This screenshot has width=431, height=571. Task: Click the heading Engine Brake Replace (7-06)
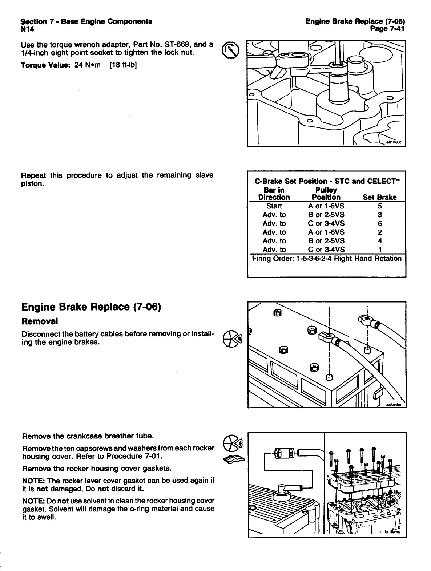point(91,307)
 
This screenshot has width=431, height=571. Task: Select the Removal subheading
point(40,321)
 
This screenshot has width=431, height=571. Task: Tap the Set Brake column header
point(379,197)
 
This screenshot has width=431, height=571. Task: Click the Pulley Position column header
point(326,194)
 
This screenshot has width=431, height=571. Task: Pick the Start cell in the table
point(274,206)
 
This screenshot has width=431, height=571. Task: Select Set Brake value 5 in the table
point(380,206)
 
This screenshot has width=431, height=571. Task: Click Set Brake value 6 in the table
point(380,224)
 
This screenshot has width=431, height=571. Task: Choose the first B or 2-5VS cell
point(326,215)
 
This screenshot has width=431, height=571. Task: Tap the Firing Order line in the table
point(327,259)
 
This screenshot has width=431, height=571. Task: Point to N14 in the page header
point(28,29)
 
